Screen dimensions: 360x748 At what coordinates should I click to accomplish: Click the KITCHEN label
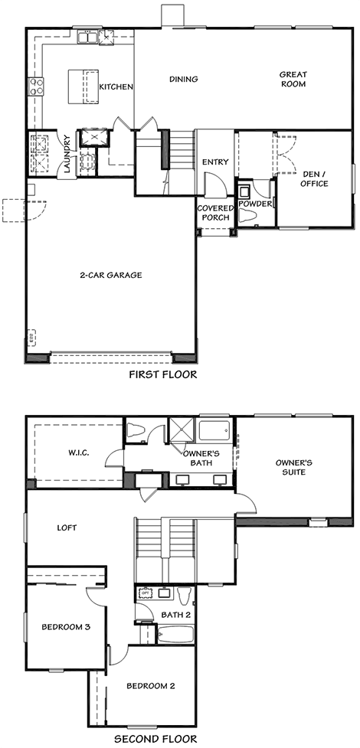tap(116, 87)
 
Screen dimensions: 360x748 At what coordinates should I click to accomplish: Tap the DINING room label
tap(183, 79)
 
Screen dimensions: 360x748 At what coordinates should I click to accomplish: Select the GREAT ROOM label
tap(293, 79)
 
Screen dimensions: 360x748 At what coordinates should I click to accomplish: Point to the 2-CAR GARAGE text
tap(111, 276)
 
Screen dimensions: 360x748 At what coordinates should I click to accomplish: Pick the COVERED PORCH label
tap(216, 214)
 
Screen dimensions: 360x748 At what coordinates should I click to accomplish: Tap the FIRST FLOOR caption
tap(163, 374)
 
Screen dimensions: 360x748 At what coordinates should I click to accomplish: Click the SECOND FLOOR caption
tap(155, 740)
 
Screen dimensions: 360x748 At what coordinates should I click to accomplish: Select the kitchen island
tap(83, 87)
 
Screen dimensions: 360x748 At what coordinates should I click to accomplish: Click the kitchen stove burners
tap(37, 87)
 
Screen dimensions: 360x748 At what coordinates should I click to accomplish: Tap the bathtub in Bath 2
tap(175, 635)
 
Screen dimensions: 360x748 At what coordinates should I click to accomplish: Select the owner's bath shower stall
tap(182, 431)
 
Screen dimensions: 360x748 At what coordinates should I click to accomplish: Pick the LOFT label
tap(67, 528)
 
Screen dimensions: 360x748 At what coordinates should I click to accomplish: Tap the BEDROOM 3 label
tap(67, 627)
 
